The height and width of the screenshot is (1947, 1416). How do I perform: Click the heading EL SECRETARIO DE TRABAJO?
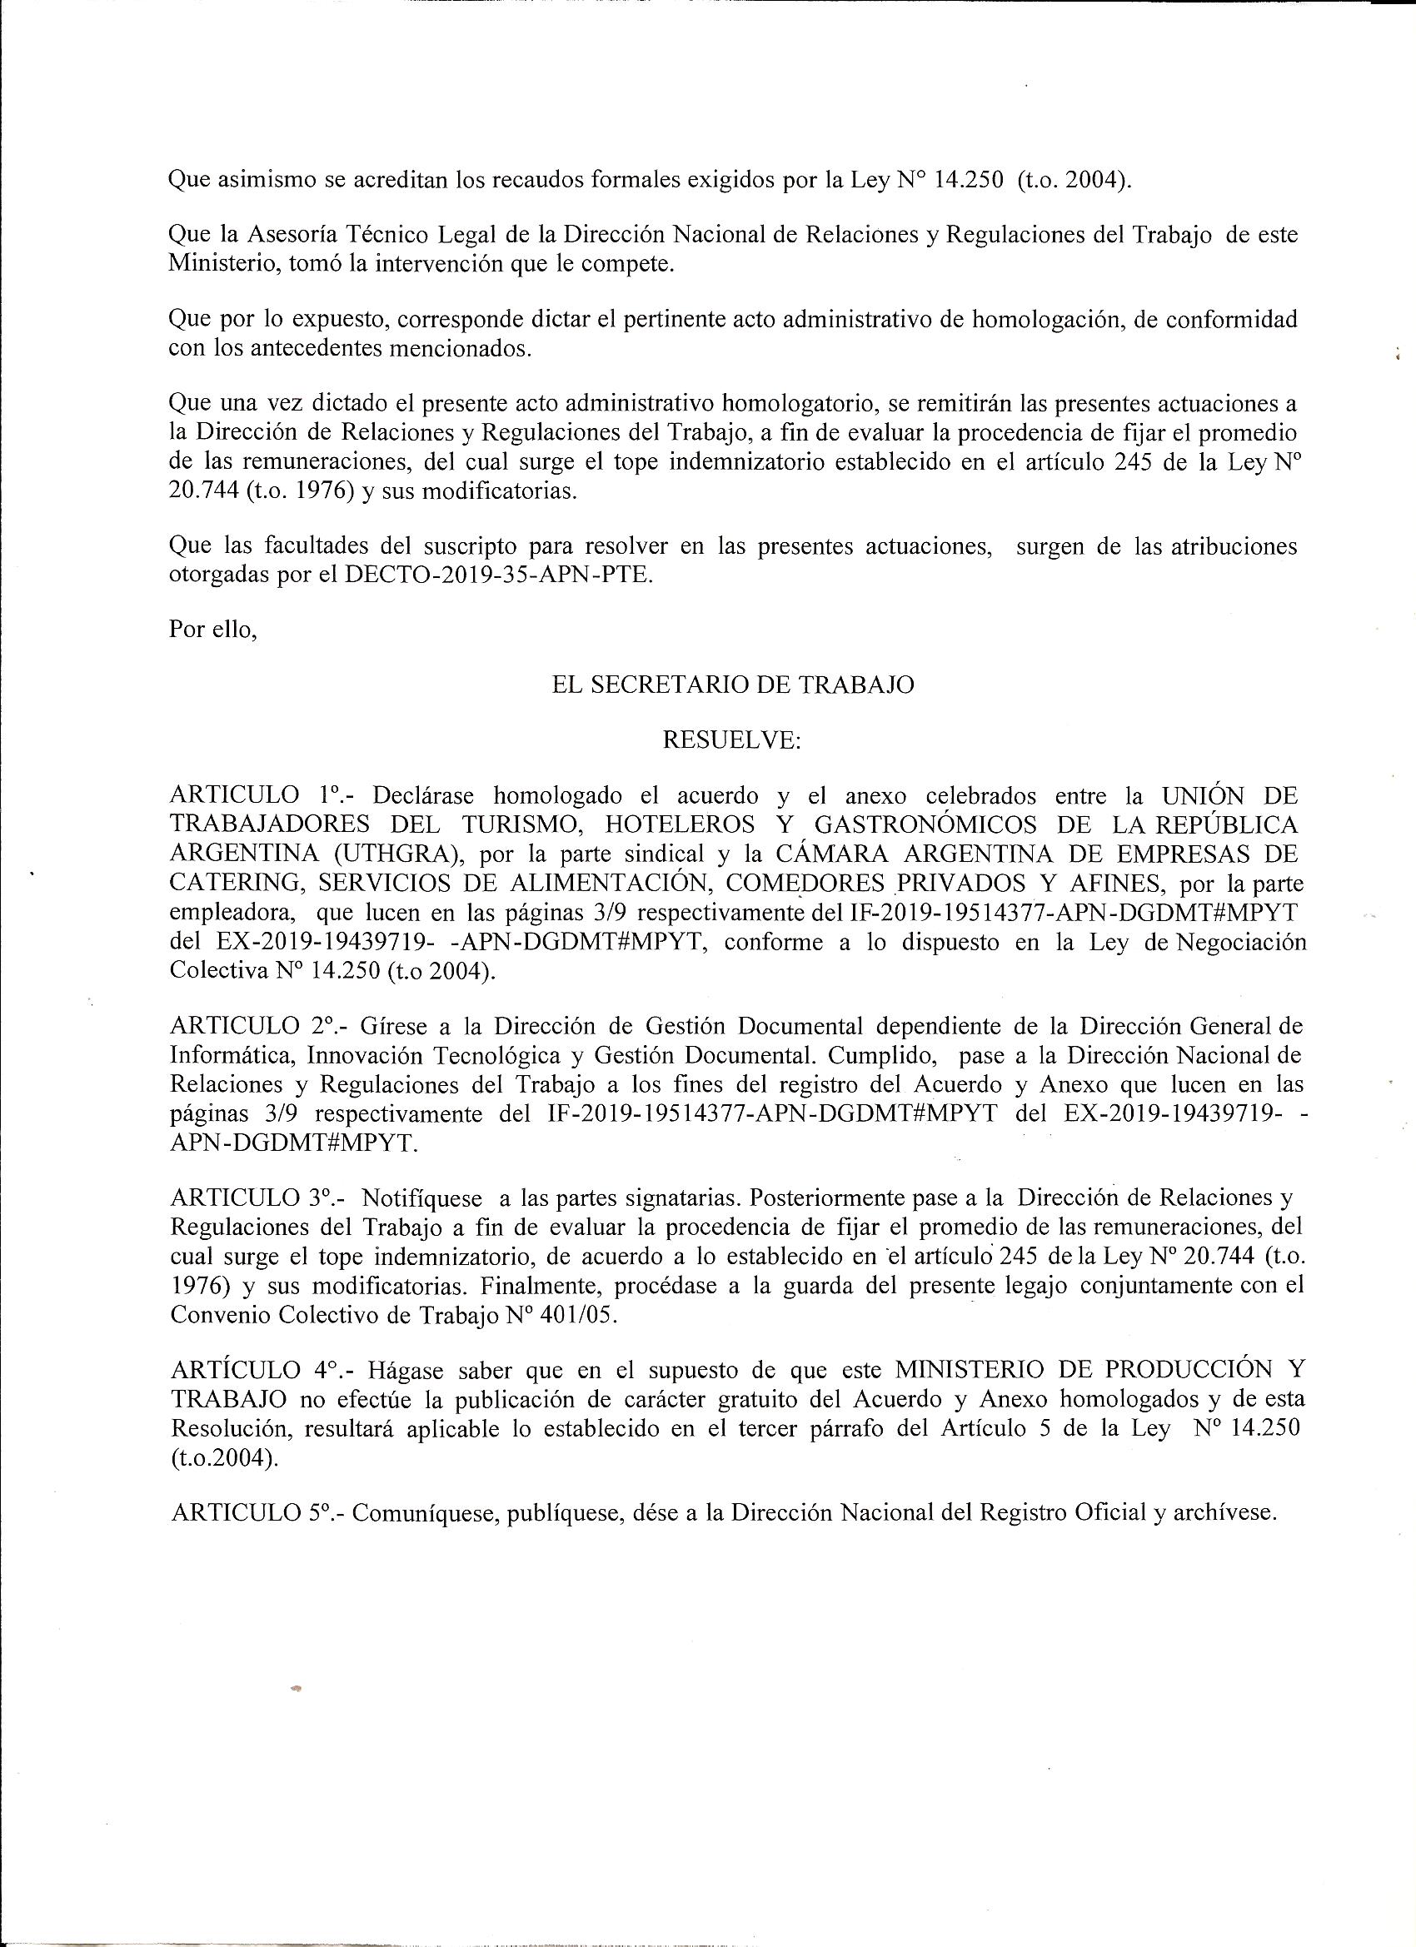click(x=731, y=685)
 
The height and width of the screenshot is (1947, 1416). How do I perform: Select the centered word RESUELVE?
click(x=731, y=740)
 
